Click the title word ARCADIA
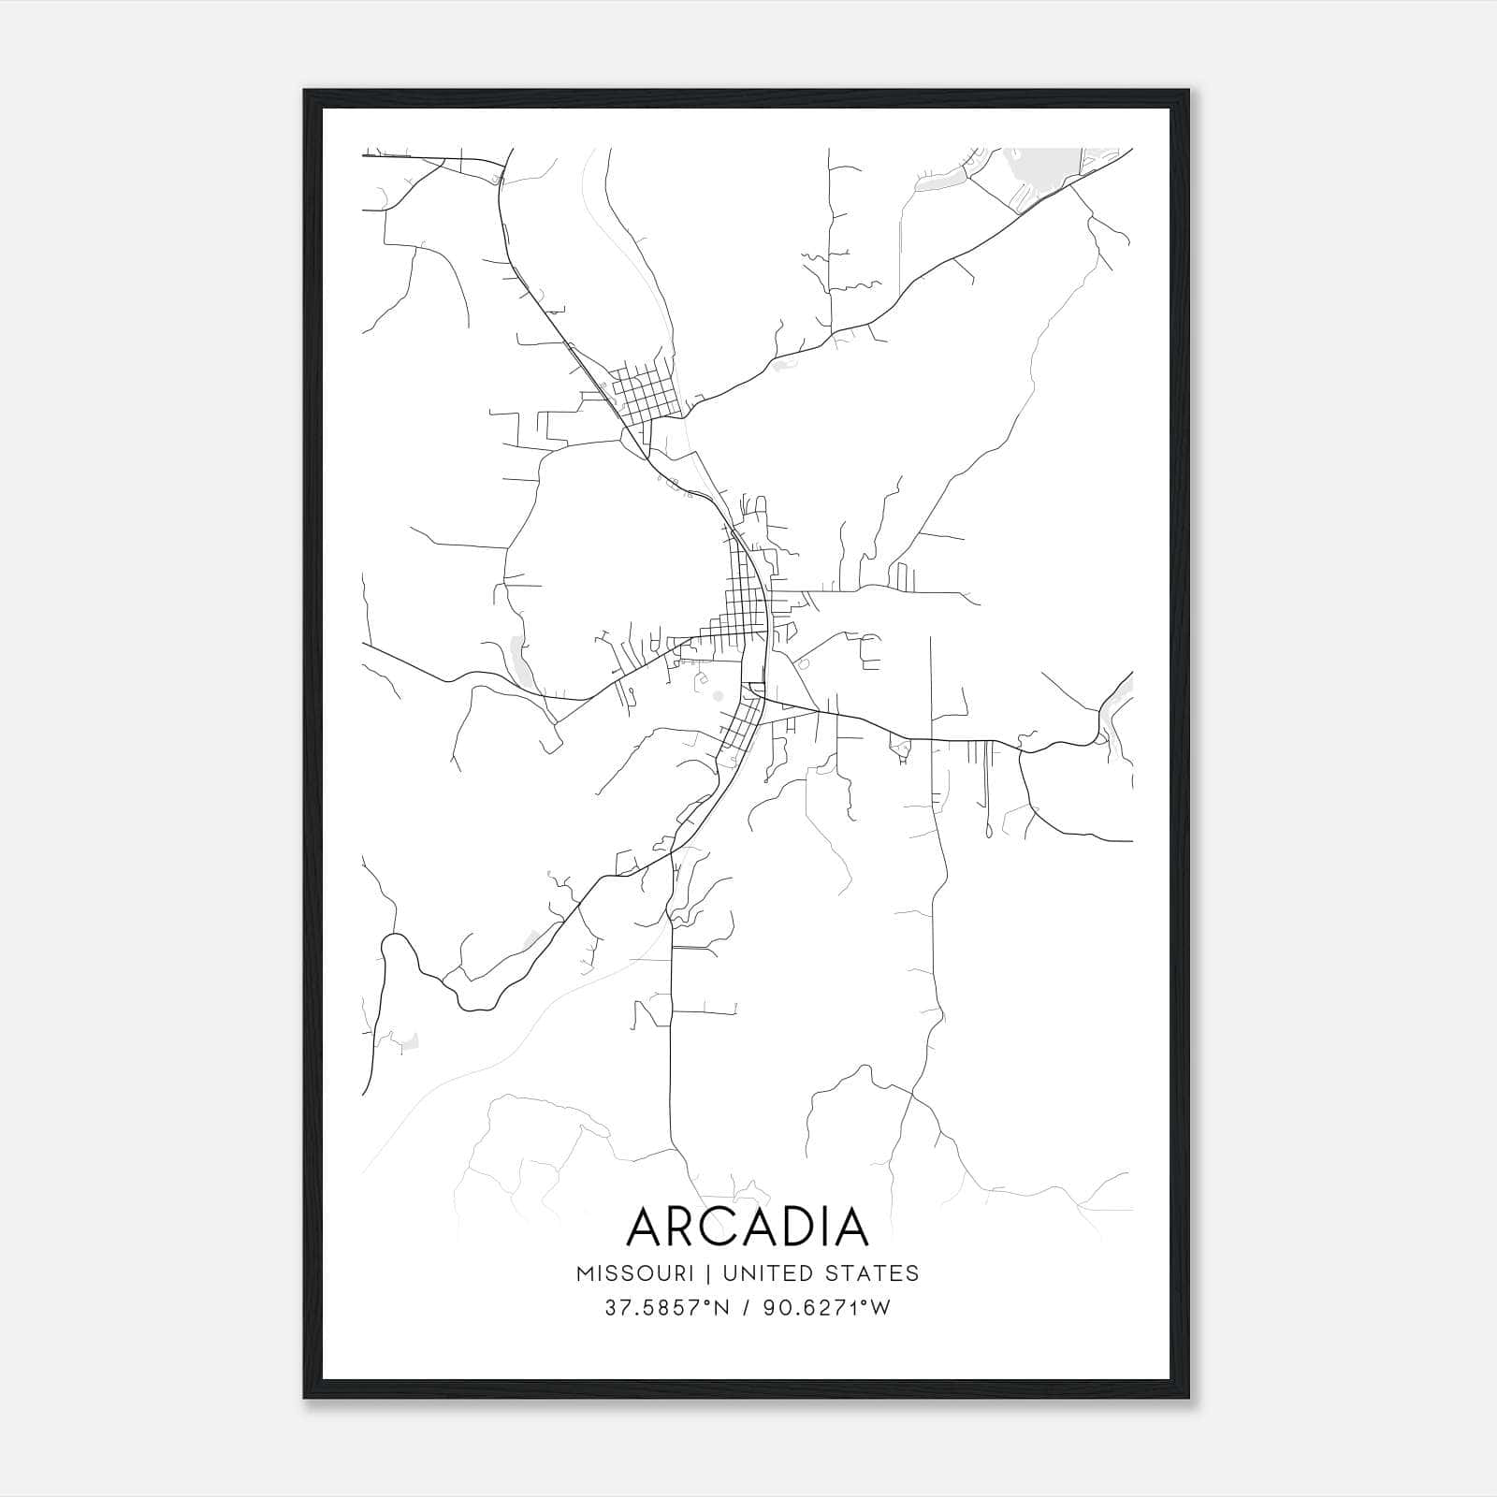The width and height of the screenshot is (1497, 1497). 748,1227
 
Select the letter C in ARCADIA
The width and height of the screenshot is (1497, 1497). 717,1227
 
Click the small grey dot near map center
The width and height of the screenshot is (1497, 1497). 718,695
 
